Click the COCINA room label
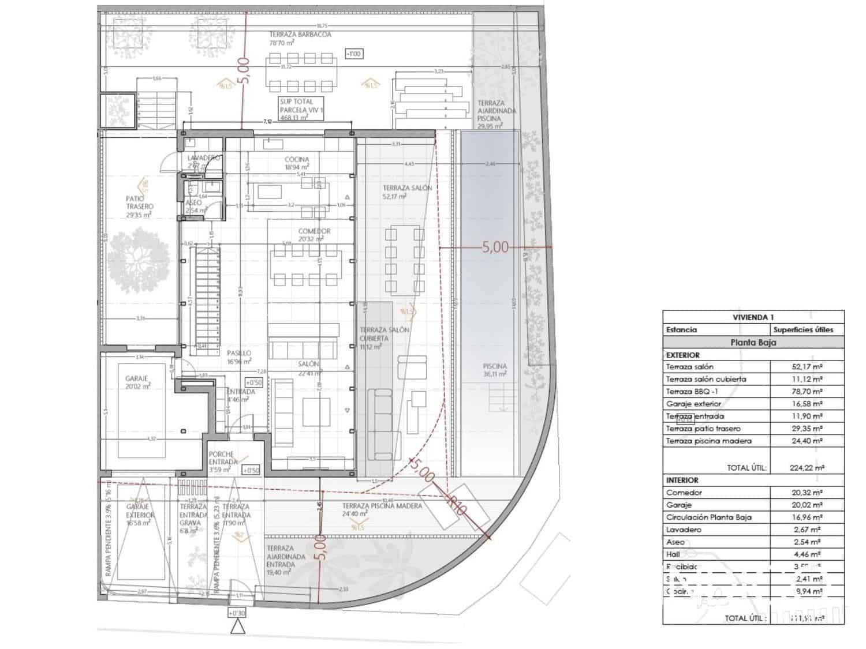click(297, 160)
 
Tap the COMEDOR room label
click(314, 231)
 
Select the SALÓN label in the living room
click(308, 364)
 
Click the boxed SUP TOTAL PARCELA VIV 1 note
click(300, 109)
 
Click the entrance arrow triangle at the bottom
click(237, 628)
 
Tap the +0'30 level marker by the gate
click(237, 613)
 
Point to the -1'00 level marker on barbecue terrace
click(353, 54)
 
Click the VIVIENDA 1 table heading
click(753, 317)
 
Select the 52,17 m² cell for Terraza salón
click(807, 367)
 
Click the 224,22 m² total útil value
click(806, 468)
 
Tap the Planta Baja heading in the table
click(753, 342)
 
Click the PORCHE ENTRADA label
click(223, 458)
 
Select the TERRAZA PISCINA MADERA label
click(382, 506)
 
